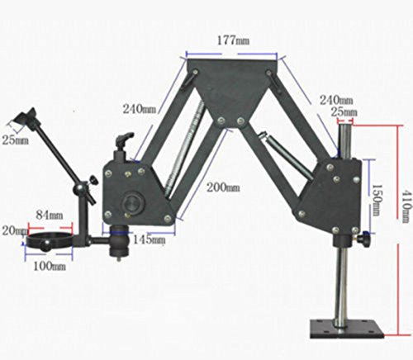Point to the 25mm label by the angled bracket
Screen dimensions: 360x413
pos(12,140)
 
